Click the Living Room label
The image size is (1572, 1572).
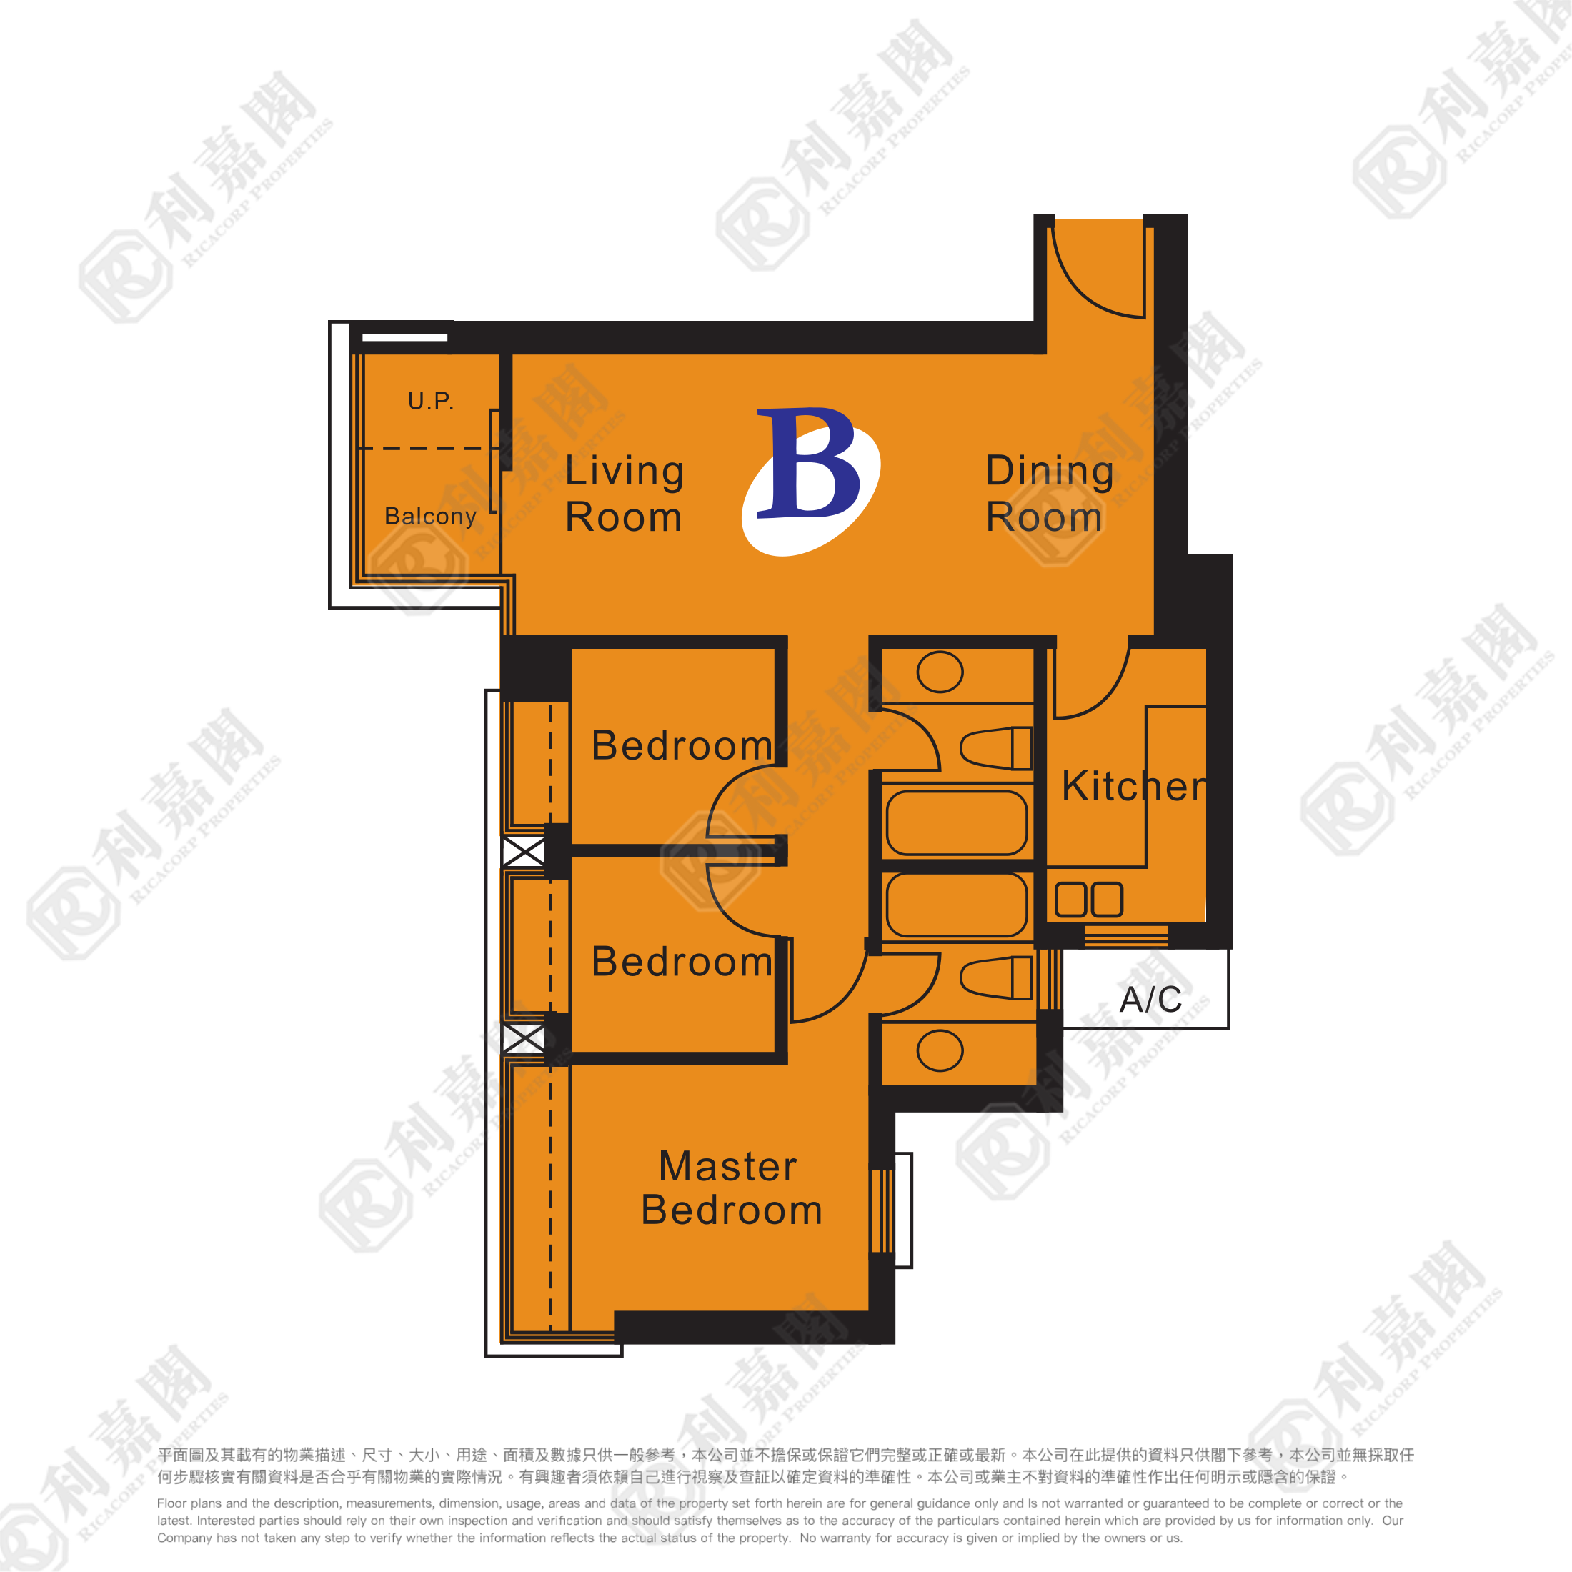[624, 494]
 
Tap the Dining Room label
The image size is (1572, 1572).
[1050, 494]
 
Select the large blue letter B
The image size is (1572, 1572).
[808, 462]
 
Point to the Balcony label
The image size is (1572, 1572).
[430, 517]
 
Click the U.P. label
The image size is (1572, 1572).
[430, 400]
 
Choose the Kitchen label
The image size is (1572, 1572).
[1133, 786]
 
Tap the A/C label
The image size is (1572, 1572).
[1150, 1000]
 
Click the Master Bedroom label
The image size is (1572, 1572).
[731, 1188]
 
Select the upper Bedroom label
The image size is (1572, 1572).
[682, 745]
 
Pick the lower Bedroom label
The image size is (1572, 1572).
[682, 962]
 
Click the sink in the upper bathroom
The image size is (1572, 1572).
[940, 672]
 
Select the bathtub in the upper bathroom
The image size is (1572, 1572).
[957, 823]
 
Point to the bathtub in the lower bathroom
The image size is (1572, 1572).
[957, 905]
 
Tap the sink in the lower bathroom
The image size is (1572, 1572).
[940, 1050]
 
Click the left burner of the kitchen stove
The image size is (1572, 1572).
[1071, 900]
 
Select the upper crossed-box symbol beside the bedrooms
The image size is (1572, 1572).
[523, 852]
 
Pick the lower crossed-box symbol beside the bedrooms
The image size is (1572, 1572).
[523, 1038]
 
